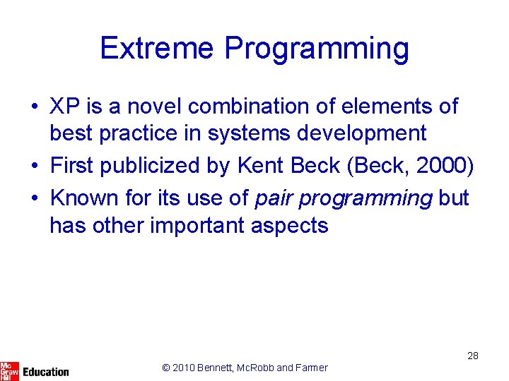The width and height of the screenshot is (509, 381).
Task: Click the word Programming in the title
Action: click(x=316, y=49)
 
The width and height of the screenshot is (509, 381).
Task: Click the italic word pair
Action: click(x=274, y=199)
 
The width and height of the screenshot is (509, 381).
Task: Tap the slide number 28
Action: click(x=473, y=356)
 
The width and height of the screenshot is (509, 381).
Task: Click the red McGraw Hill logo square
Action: click(x=9, y=371)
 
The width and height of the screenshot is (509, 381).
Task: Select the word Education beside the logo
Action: click(x=46, y=372)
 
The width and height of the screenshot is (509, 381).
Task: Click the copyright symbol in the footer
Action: click(x=166, y=368)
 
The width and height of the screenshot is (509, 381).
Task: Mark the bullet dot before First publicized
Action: click(x=34, y=167)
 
